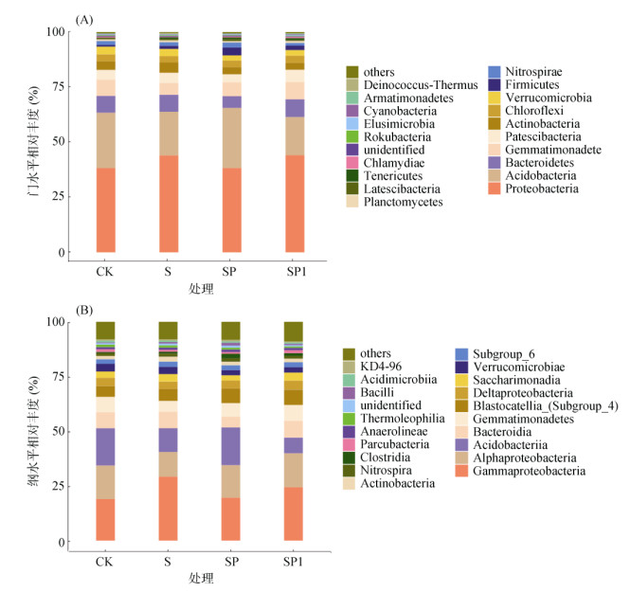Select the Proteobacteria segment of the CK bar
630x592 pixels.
[x=105, y=210]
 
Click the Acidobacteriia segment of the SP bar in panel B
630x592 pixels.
[x=231, y=446]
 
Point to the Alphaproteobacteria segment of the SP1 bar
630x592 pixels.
[x=294, y=471]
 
